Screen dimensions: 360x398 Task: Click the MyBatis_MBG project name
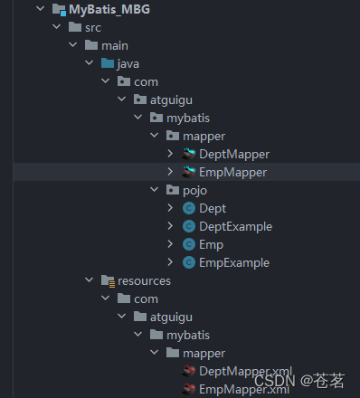(109, 10)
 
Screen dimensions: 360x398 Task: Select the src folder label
(93, 28)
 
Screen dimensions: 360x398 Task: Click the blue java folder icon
(108, 63)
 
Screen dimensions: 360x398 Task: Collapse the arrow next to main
(72, 45)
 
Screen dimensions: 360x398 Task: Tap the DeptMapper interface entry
(234, 154)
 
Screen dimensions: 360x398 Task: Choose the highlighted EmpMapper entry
(232, 172)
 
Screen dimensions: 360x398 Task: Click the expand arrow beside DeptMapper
(170, 154)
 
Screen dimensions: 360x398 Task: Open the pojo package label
(194, 191)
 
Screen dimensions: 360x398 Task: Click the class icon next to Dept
(189, 208)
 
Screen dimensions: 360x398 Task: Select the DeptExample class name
(235, 226)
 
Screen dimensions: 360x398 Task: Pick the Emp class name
(211, 244)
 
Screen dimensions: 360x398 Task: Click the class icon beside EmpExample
(189, 262)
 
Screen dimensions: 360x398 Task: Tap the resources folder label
(144, 281)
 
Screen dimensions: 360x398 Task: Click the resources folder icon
(108, 281)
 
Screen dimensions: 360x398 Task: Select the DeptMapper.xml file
(245, 371)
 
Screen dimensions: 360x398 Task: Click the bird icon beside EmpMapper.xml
(189, 389)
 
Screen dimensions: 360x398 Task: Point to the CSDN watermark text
(275, 381)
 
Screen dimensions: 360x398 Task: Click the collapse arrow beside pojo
(154, 190)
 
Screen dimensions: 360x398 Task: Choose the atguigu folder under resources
(171, 317)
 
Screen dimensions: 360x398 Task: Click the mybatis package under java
(188, 118)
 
